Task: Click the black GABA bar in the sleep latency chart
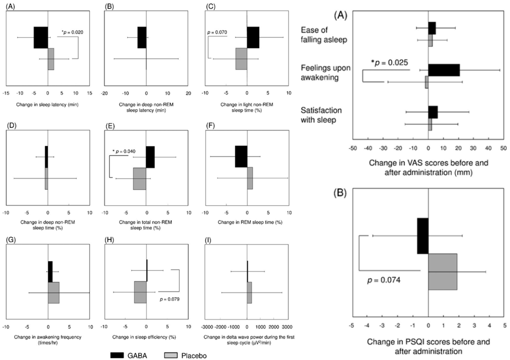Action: [x=40, y=38]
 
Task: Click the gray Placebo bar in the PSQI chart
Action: [x=442, y=271]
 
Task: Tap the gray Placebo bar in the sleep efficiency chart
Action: [x=140, y=292]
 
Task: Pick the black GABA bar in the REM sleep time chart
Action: [x=241, y=157]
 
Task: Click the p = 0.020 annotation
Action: [x=72, y=32]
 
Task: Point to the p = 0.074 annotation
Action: [x=384, y=280]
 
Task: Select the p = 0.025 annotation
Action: [x=390, y=62]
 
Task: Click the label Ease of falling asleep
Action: [x=323, y=35]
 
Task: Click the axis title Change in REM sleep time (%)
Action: [x=247, y=221]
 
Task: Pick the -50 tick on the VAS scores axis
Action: [x=353, y=148]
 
